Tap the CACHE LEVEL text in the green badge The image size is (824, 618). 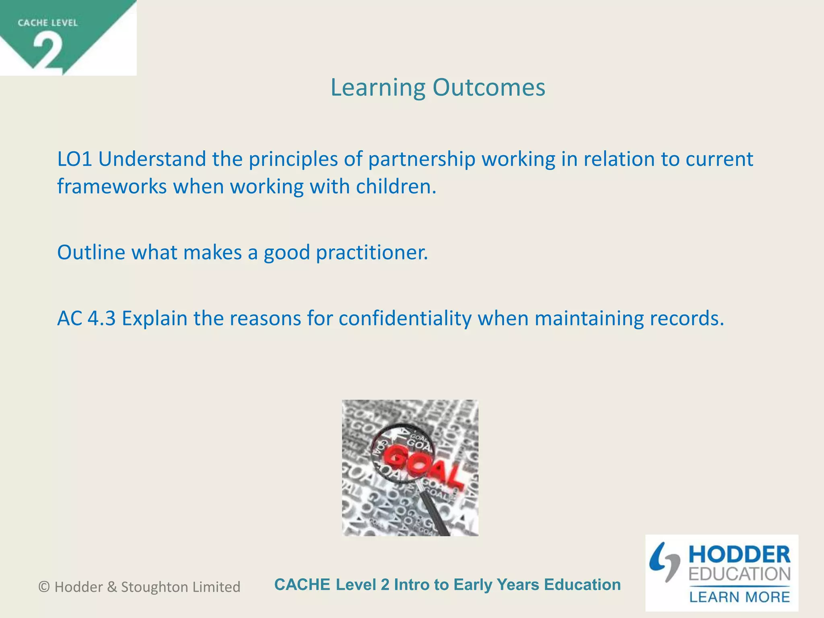pos(47,23)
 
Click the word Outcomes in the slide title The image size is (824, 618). pos(489,87)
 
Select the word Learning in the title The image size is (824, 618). pos(378,87)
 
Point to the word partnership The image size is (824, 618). pos(422,159)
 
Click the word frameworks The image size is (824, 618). pos(111,187)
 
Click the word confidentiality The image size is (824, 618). pos(405,318)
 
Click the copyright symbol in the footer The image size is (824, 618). pos(44,587)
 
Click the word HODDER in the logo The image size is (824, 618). pos(740,555)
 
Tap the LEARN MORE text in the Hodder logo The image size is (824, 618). pos(740,597)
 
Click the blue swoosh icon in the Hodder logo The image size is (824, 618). pos(664,561)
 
